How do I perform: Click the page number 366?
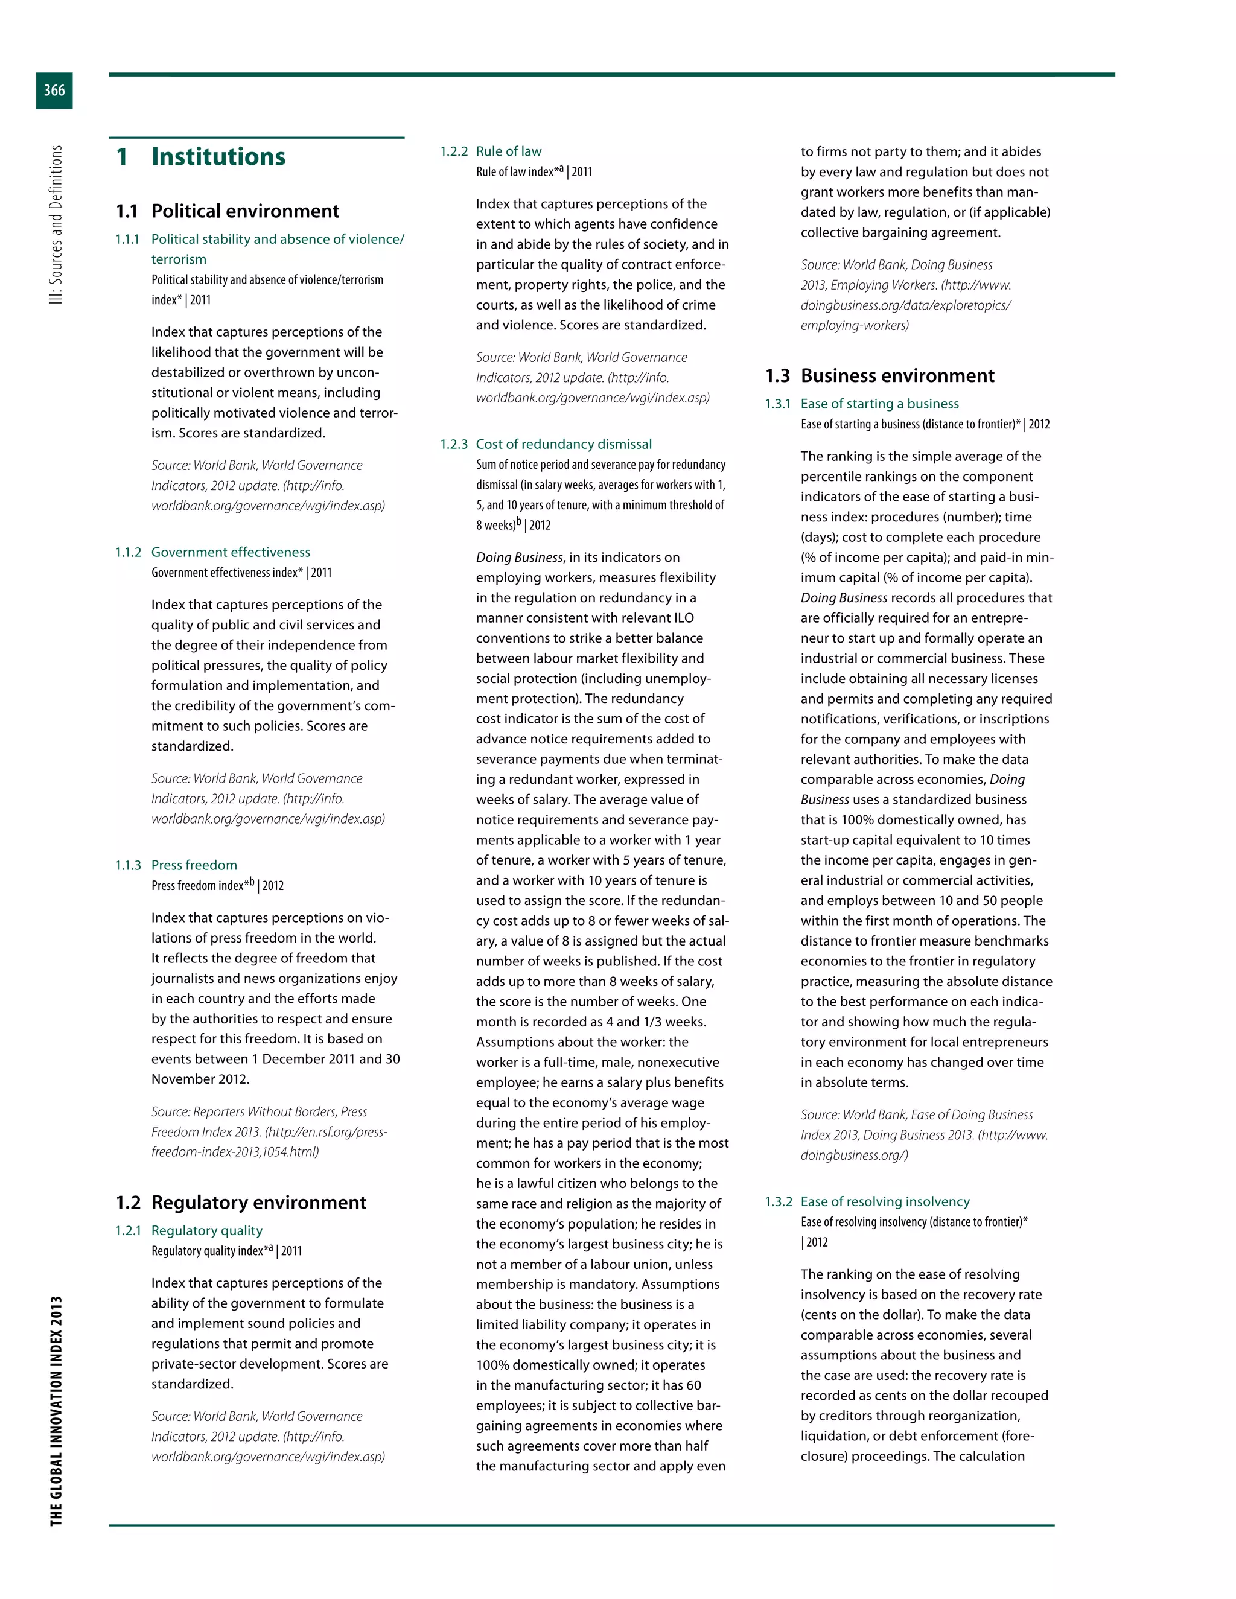(54, 91)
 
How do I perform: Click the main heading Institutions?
(218, 157)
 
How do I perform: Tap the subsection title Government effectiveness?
(231, 552)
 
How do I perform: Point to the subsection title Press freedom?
(194, 865)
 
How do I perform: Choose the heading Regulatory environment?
(258, 1203)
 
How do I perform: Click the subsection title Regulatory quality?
(206, 1231)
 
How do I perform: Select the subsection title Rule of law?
(508, 151)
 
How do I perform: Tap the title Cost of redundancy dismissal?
(563, 445)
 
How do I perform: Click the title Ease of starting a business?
(879, 404)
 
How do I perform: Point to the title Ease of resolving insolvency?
(885, 1201)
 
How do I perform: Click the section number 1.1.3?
(128, 865)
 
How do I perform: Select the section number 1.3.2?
(779, 1201)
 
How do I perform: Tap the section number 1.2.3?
(453, 445)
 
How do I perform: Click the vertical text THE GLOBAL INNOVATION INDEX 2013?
(56, 1411)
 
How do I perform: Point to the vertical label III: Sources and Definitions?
(56, 225)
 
